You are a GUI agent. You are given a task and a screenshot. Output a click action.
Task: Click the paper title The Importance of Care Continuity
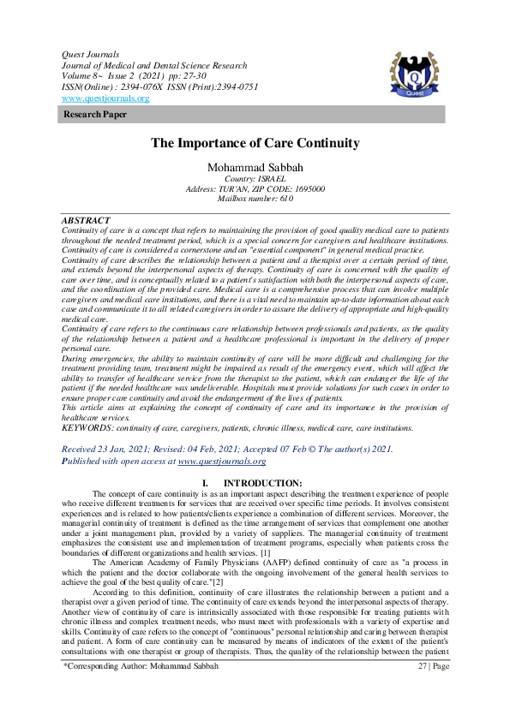(255, 144)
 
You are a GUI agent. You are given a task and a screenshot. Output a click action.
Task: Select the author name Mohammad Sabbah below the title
(255, 166)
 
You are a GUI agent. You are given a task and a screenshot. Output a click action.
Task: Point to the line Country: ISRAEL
(255, 178)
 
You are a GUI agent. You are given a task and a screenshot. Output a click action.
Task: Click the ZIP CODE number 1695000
(305, 188)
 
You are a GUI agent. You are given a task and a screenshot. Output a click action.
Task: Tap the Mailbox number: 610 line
(255, 198)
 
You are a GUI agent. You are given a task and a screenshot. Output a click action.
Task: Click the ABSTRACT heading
(87, 221)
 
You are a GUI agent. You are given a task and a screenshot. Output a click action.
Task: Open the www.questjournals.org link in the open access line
(222, 461)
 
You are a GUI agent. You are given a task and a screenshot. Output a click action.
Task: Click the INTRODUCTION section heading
(263, 483)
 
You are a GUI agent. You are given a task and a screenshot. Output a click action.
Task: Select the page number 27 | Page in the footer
(432, 689)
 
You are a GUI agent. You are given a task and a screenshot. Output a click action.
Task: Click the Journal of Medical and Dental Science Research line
(155, 66)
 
